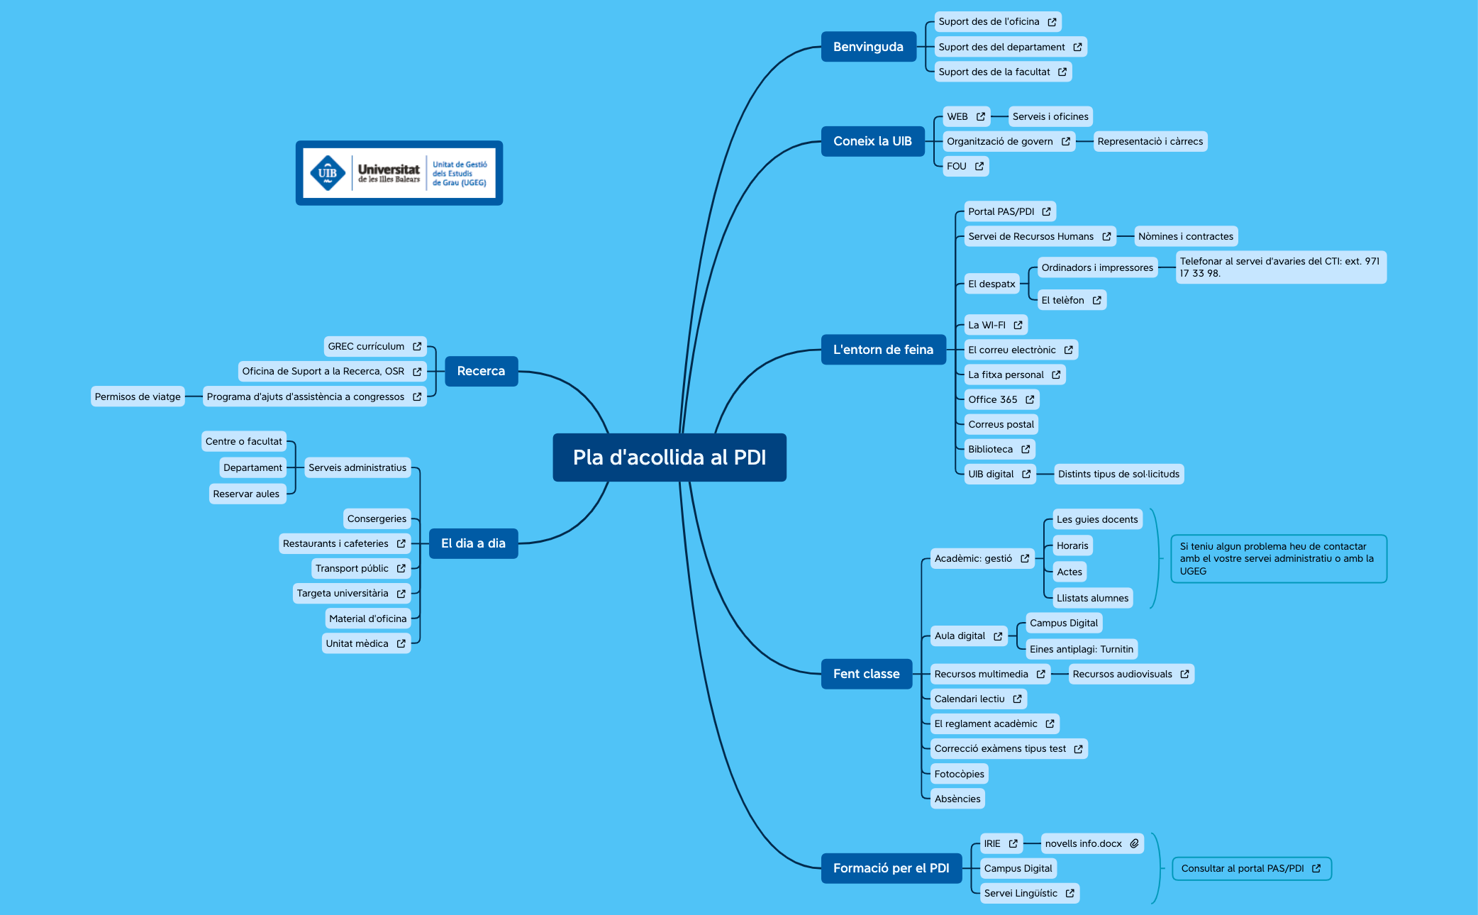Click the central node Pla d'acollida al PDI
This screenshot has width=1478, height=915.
click(x=669, y=457)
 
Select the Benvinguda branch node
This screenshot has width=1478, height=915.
click(x=868, y=47)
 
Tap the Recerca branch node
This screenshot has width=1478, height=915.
click(x=481, y=371)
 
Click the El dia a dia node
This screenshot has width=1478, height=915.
click(x=473, y=543)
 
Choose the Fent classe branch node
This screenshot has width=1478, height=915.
click(x=866, y=674)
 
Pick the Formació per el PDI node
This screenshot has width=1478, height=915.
click(x=891, y=868)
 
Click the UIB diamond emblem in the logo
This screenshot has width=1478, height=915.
click(x=328, y=173)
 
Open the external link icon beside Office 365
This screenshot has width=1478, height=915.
click(x=1030, y=399)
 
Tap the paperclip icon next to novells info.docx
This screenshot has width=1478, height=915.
click(x=1134, y=843)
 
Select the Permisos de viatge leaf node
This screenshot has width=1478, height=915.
click(x=138, y=396)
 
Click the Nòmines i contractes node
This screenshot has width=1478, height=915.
click(x=1186, y=236)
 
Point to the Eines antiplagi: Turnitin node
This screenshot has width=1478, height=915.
click(x=1081, y=649)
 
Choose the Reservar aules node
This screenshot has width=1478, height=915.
click(x=246, y=494)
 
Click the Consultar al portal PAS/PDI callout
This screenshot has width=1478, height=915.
click(x=1251, y=868)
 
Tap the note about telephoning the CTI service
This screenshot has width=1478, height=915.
click(x=1280, y=267)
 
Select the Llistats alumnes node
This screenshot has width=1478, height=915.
click(x=1092, y=598)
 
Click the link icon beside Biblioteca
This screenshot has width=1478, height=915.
click(x=1026, y=449)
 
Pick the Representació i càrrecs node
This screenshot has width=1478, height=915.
click(x=1150, y=141)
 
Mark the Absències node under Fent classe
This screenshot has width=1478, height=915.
click(x=957, y=799)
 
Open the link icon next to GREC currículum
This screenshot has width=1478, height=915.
click(x=417, y=346)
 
